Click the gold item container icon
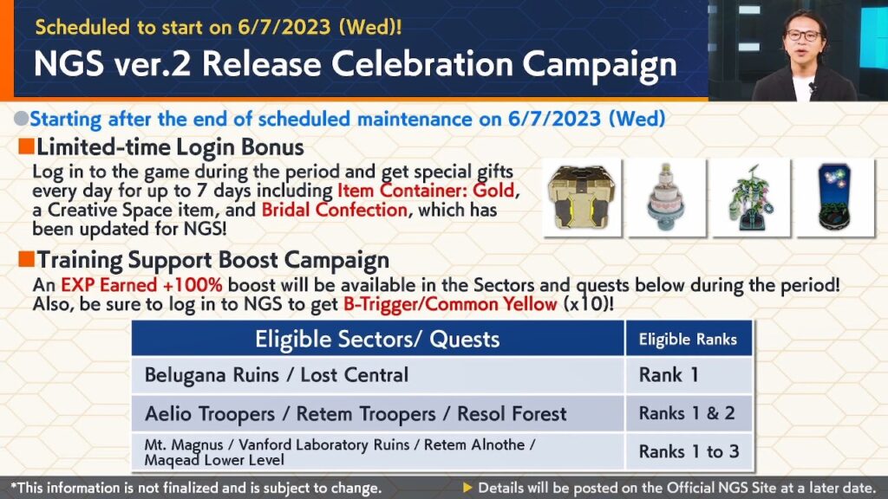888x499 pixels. [582, 197]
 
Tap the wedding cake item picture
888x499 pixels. [667, 197]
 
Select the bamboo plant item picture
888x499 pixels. [751, 197]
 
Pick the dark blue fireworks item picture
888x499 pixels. [835, 197]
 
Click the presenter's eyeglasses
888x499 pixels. [803, 35]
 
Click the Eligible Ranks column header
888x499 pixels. [688, 339]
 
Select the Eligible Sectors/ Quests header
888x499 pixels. [378, 339]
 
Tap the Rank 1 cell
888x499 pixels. [688, 375]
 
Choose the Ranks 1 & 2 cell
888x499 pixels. [688, 413]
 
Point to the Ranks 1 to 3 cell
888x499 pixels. [688, 451]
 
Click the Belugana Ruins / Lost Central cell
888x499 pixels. [378, 375]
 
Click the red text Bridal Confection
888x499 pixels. [334, 211]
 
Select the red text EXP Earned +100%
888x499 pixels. [141, 284]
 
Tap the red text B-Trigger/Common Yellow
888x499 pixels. [450, 304]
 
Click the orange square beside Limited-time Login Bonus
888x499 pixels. [26, 146]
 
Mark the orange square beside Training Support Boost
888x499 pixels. [26, 259]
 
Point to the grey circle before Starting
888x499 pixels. [22, 118]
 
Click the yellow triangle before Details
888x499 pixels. [467, 487]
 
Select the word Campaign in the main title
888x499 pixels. [599, 65]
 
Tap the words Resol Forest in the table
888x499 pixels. [512, 413]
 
